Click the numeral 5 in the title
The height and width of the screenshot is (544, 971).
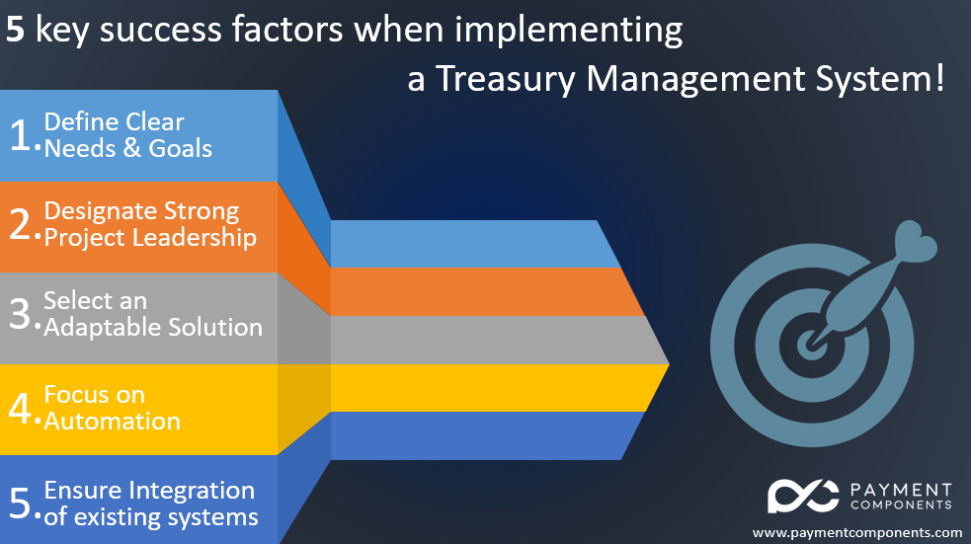[x=15, y=30]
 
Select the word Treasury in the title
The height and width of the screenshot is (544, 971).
[x=505, y=80]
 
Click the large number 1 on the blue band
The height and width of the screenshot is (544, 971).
[x=20, y=135]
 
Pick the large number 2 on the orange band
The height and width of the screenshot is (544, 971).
[x=20, y=224]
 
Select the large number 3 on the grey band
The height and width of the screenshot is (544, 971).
[x=20, y=313]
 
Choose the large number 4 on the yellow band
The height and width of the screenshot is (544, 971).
[x=20, y=409]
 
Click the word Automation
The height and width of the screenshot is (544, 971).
[x=112, y=422]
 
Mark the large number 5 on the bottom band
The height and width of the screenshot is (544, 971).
[x=20, y=502]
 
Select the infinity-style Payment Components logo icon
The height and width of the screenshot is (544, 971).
[x=803, y=496]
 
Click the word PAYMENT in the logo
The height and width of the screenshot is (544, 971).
[x=901, y=490]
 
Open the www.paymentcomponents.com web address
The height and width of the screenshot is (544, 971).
[x=857, y=533]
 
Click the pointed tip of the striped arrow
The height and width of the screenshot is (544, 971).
[x=669, y=364]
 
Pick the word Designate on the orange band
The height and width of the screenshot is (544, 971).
[x=101, y=211]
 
